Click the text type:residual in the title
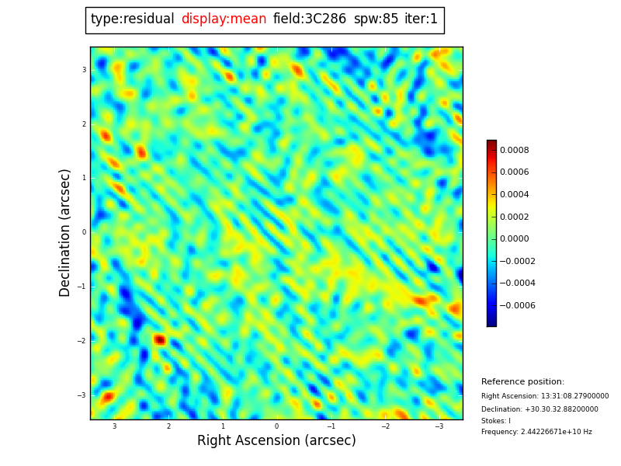click(x=132, y=19)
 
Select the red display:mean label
click(x=224, y=19)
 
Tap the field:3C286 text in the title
click(x=309, y=19)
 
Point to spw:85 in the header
click(x=376, y=19)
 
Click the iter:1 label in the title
click(x=421, y=19)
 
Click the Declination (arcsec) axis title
click(x=66, y=232)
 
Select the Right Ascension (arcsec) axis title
click(x=276, y=441)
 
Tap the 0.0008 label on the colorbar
click(x=515, y=150)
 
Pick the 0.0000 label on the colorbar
click(x=515, y=239)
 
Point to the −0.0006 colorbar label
click(x=517, y=306)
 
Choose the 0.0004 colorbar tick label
click(x=515, y=195)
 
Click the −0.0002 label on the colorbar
click(x=517, y=262)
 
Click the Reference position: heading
click(x=522, y=382)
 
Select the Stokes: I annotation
click(x=496, y=421)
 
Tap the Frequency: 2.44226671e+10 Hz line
click(x=536, y=432)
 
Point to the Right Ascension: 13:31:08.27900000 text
click(x=545, y=396)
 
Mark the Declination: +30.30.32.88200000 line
click(x=539, y=409)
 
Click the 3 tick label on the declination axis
click(x=84, y=70)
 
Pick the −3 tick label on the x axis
click(x=439, y=426)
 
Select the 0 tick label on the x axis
click(x=276, y=426)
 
